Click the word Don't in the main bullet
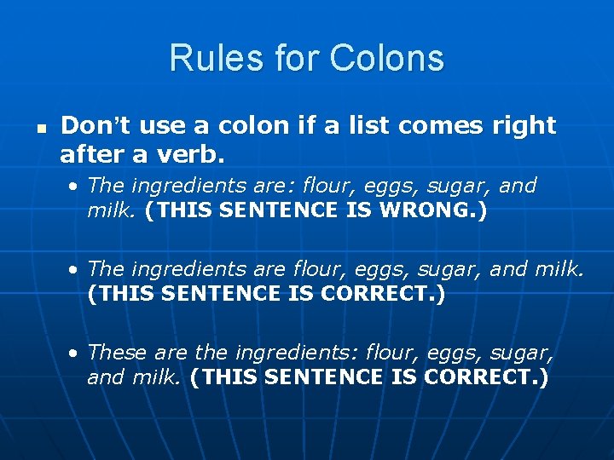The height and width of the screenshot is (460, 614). [94, 126]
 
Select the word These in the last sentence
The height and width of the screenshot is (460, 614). [115, 353]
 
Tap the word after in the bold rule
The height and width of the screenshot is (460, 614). [88, 154]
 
